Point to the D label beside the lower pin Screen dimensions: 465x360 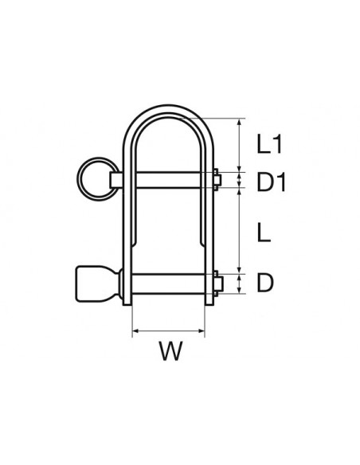coord(266,282)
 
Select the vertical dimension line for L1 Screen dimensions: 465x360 coord(239,145)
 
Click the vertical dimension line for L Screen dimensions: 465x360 coord(239,231)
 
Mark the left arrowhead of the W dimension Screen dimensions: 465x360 coord(135,329)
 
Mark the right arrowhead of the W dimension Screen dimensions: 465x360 coord(202,329)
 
